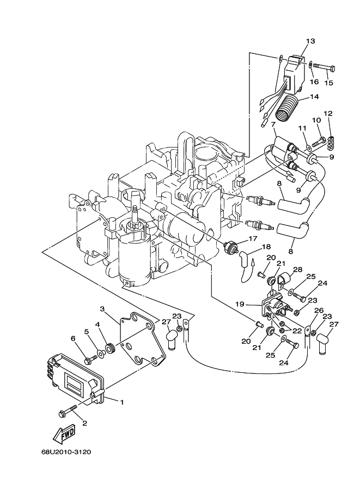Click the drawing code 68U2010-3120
[x=66, y=451]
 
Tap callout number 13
[x=310, y=41]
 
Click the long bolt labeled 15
[x=324, y=67]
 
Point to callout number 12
[x=328, y=113]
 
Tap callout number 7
[x=273, y=124]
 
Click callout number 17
[x=253, y=238]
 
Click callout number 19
[x=240, y=304]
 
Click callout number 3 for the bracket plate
[x=102, y=309]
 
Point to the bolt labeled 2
[x=69, y=410]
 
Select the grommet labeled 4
[x=111, y=347]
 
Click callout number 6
[x=74, y=338]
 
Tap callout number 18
[x=266, y=246]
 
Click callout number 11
[x=302, y=128]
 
